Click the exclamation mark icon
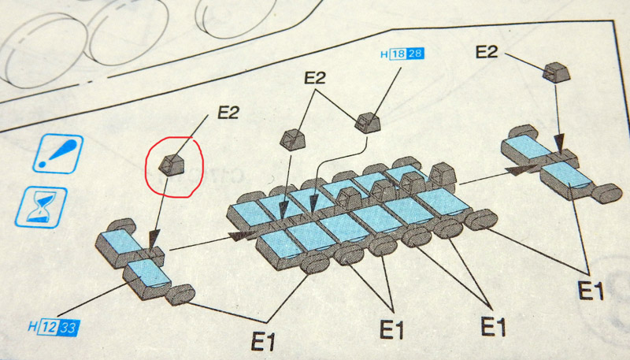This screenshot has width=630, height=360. pos(58,154)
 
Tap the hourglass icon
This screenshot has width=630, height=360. pos(42,207)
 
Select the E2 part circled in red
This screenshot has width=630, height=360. pos(172,165)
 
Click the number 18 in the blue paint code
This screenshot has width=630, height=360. pos(398,54)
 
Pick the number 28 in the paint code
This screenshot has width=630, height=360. pos(416,54)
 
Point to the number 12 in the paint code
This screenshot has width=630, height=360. pos(48,328)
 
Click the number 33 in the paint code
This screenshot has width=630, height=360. pos(69,328)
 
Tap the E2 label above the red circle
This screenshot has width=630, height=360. pos(228,113)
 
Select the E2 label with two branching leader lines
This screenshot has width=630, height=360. pos(314,78)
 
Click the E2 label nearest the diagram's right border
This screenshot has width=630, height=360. pos(487,52)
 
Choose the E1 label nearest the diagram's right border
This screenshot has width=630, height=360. pos(591,291)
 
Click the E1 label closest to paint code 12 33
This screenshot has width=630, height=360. pos(263,342)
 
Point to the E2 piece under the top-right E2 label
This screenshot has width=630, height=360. pos(557,72)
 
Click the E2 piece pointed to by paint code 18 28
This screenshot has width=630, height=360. pos(368,123)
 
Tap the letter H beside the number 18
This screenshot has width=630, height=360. pos(384,54)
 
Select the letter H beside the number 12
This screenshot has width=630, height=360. pos(33,326)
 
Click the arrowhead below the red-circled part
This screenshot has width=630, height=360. pos(154,238)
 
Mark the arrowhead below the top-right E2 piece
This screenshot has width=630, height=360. pos(559,143)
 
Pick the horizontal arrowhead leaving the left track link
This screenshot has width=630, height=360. pos(243,236)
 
